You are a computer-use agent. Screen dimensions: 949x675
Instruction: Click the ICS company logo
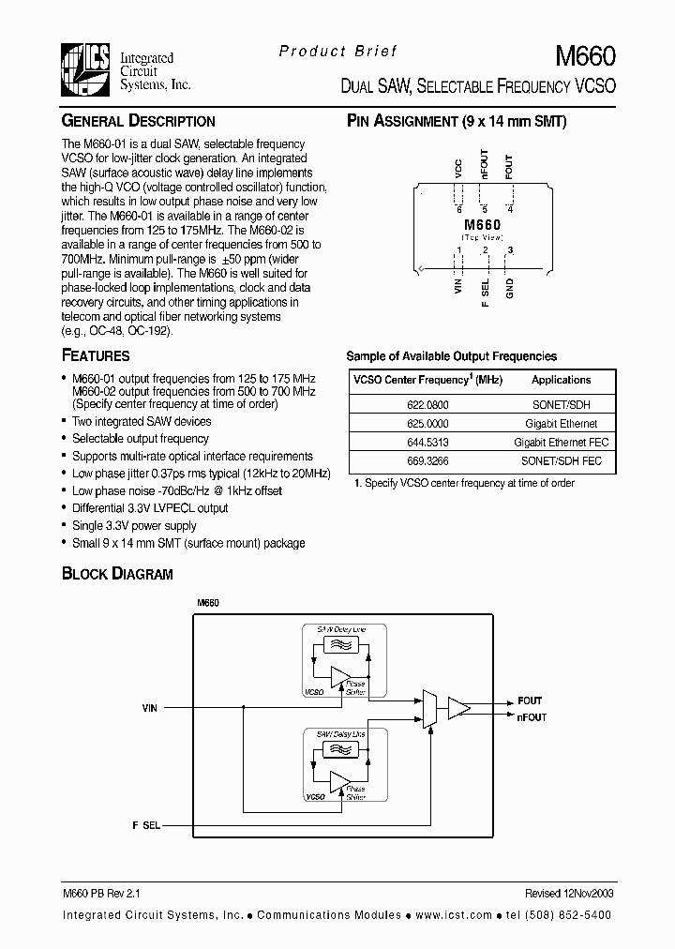click(x=86, y=71)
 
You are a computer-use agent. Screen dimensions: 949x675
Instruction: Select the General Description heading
click(x=138, y=121)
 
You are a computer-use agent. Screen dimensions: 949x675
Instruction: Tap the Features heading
click(x=96, y=355)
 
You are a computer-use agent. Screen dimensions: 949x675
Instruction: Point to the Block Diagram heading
click(x=117, y=573)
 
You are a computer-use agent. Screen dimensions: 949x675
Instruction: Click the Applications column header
click(x=561, y=380)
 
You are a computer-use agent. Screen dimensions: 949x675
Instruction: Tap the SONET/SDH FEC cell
click(x=561, y=460)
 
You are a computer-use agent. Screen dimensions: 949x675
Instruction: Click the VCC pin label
click(x=458, y=170)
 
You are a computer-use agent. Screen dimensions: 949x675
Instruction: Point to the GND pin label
click(x=510, y=288)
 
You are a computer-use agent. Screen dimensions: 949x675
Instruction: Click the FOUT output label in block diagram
click(x=530, y=700)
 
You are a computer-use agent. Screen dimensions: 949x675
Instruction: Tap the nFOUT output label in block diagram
click(x=532, y=717)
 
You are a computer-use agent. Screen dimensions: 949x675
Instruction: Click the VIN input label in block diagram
click(x=150, y=708)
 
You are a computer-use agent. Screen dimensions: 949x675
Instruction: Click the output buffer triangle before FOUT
click(x=458, y=708)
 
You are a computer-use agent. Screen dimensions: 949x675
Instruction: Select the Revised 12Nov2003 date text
click(x=569, y=896)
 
